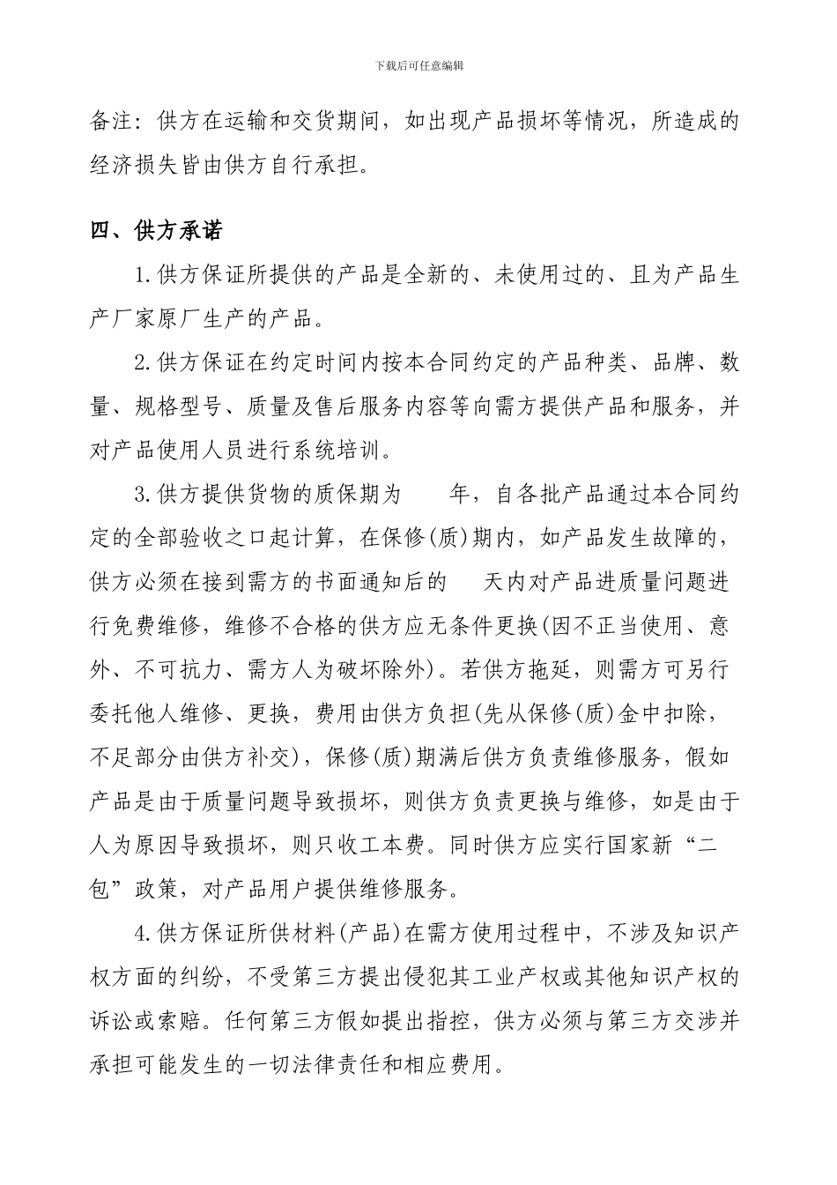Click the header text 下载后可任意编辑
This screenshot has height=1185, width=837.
pos(418,65)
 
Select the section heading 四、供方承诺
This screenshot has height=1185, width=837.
pos(157,231)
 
